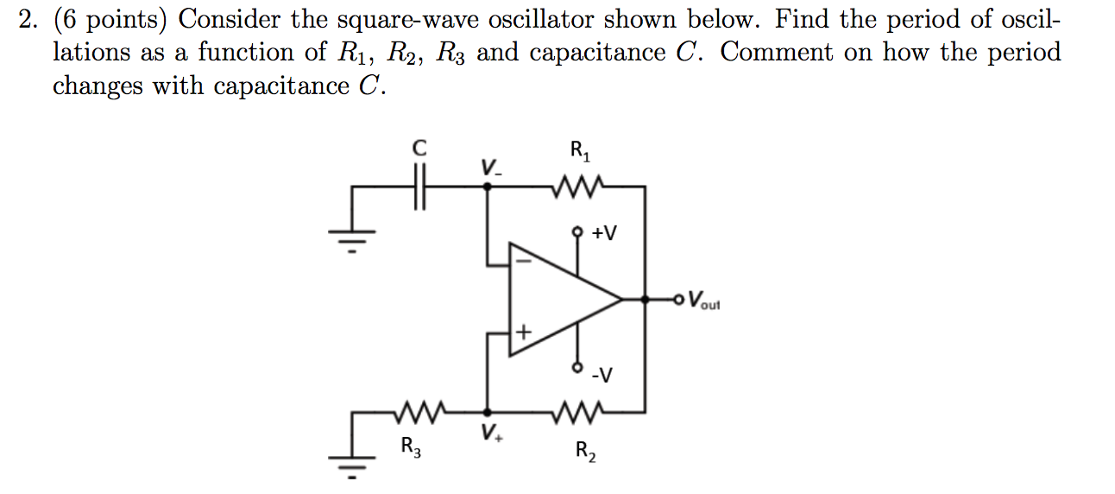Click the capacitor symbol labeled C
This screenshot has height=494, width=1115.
(419, 187)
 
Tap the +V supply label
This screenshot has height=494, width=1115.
(605, 234)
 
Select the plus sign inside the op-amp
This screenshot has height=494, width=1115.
(523, 332)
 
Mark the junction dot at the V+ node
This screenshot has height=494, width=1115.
(488, 412)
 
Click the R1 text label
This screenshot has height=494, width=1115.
(580, 153)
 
